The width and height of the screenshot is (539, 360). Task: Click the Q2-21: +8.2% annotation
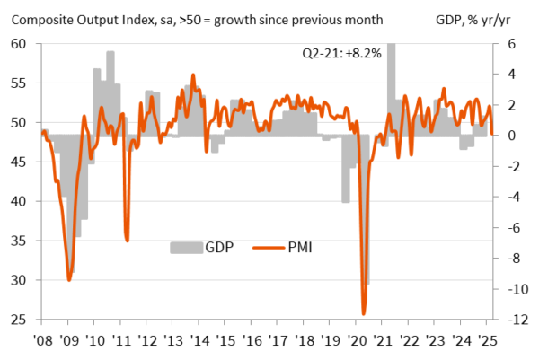[340, 54]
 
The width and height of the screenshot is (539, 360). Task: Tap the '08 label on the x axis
[42, 341]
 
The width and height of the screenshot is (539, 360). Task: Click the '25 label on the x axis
[489, 341]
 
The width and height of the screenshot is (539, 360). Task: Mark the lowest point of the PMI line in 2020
[364, 313]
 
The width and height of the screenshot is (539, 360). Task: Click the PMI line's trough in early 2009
[70, 280]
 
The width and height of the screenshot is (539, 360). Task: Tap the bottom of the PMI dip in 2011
[127, 240]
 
